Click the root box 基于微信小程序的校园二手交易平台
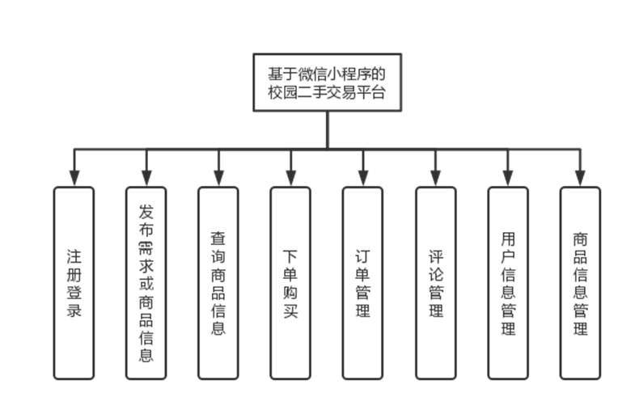(327, 83)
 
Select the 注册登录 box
(74, 282)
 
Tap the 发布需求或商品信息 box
(146, 282)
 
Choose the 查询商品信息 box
(218, 282)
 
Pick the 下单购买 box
(290, 282)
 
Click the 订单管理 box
(362, 282)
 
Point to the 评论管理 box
(436, 282)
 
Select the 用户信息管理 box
(508, 282)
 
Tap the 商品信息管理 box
(580, 282)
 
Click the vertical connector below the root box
(327, 129)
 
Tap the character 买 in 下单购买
(290, 310)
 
